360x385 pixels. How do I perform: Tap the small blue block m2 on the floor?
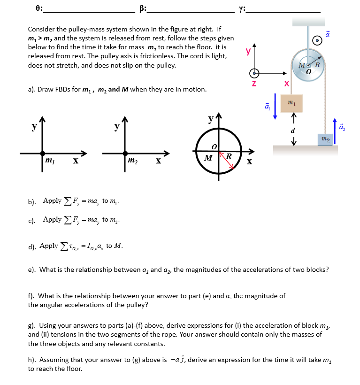coord(325,139)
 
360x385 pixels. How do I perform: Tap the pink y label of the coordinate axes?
coord(248,51)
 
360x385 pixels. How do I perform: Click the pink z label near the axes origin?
coord(254,83)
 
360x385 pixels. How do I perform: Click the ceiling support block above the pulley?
coord(308,22)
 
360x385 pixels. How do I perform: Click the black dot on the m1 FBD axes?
coord(43,153)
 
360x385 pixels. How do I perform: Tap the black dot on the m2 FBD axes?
coord(125,153)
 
